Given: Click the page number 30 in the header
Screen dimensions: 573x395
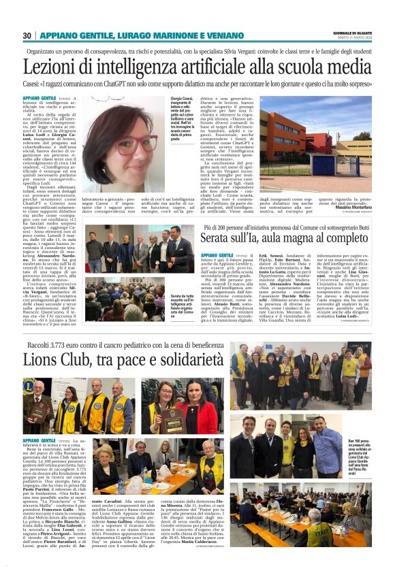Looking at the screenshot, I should (27, 35).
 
